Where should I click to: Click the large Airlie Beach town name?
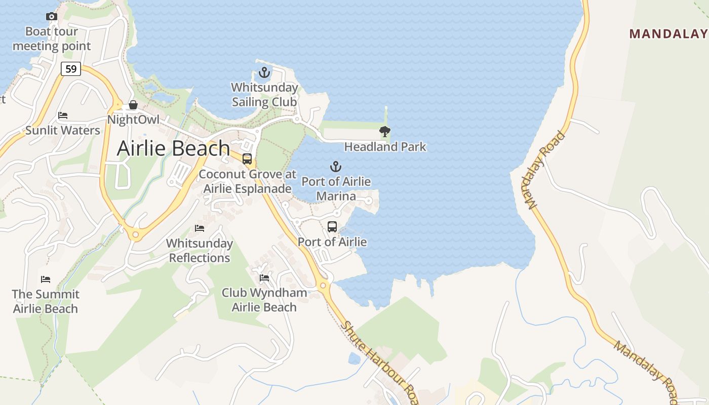173,148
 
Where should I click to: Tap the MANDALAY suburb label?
668,34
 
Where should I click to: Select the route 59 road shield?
71,68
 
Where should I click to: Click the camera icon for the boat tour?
51,17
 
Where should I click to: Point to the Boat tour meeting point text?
51,38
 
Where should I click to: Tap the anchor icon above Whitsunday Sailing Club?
264,72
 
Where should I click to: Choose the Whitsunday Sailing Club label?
264,95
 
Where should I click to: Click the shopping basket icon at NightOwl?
133,105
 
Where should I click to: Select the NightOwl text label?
133,119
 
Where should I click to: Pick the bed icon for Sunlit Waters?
63,115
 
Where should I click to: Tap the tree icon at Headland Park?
385,132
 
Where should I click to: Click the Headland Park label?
385,147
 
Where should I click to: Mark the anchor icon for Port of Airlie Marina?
336,166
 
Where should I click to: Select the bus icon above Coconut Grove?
247,159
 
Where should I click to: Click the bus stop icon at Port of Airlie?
332,227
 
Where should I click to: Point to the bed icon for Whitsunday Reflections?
200,228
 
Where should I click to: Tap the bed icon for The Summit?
46,279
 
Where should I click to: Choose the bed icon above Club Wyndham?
264,277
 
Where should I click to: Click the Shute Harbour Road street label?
380,362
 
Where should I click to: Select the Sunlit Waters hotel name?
63,130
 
